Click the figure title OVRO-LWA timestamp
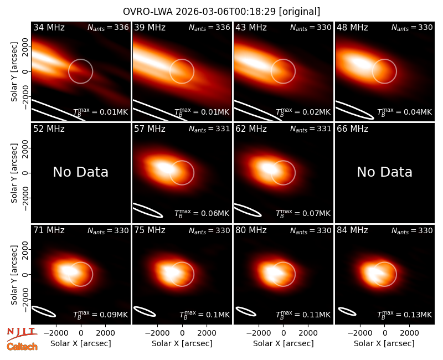point(221,12)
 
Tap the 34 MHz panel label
point(49,27)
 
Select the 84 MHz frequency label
point(352,230)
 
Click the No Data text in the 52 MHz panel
point(81,172)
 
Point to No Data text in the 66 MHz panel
point(384,172)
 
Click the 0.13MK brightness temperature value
point(405,315)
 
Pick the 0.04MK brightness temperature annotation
point(405,112)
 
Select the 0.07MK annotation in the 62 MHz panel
point(303,213)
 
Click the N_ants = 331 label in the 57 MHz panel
point(209,129)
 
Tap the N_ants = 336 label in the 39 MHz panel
point(209,28)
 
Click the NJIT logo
point(22,334)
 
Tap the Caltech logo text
point(22,347)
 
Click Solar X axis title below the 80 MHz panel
point(284,343)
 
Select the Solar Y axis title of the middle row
point(14,173)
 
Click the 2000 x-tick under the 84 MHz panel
point(409,333)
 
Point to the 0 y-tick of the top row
point(25,71)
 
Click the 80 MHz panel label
point(251,230)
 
